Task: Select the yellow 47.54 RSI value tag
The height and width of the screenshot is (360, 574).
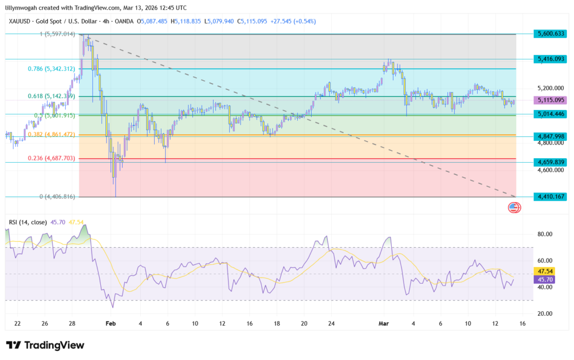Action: pos(541,270)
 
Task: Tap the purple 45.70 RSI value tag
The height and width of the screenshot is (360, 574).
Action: pos(541,279)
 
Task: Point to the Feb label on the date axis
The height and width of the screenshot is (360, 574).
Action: pos(110,324)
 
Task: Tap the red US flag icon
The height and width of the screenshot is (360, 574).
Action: pos(513,207)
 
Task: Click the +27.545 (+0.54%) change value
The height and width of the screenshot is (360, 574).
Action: pos(292,21)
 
